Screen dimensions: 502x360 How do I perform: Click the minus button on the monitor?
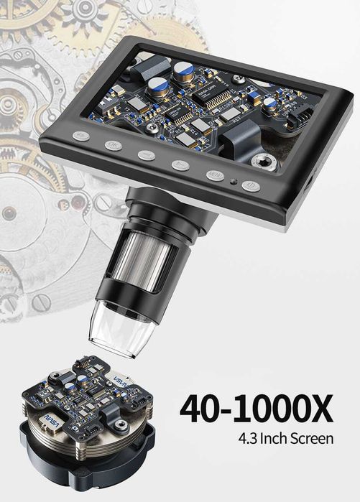147,154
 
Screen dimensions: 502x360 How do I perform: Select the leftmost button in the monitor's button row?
81,135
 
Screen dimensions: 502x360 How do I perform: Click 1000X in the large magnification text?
287,409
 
